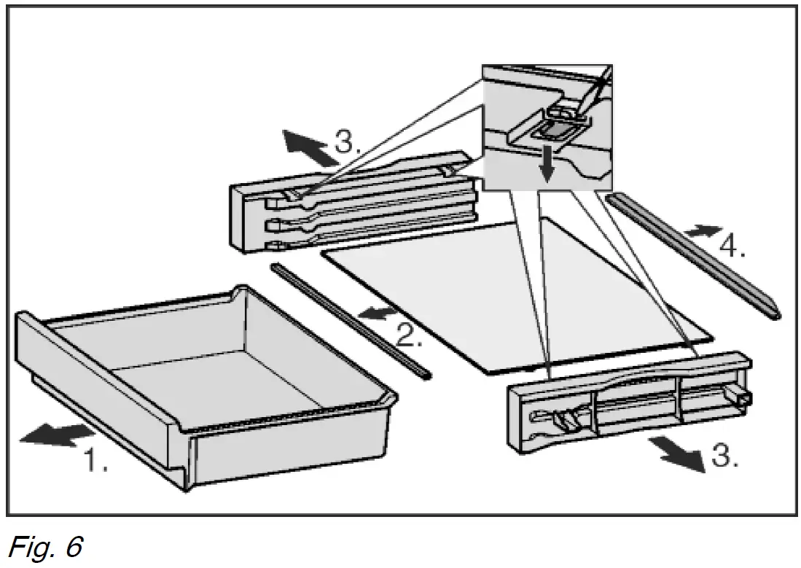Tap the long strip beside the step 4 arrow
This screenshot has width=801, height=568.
692,255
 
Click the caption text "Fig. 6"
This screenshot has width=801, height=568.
45,546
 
